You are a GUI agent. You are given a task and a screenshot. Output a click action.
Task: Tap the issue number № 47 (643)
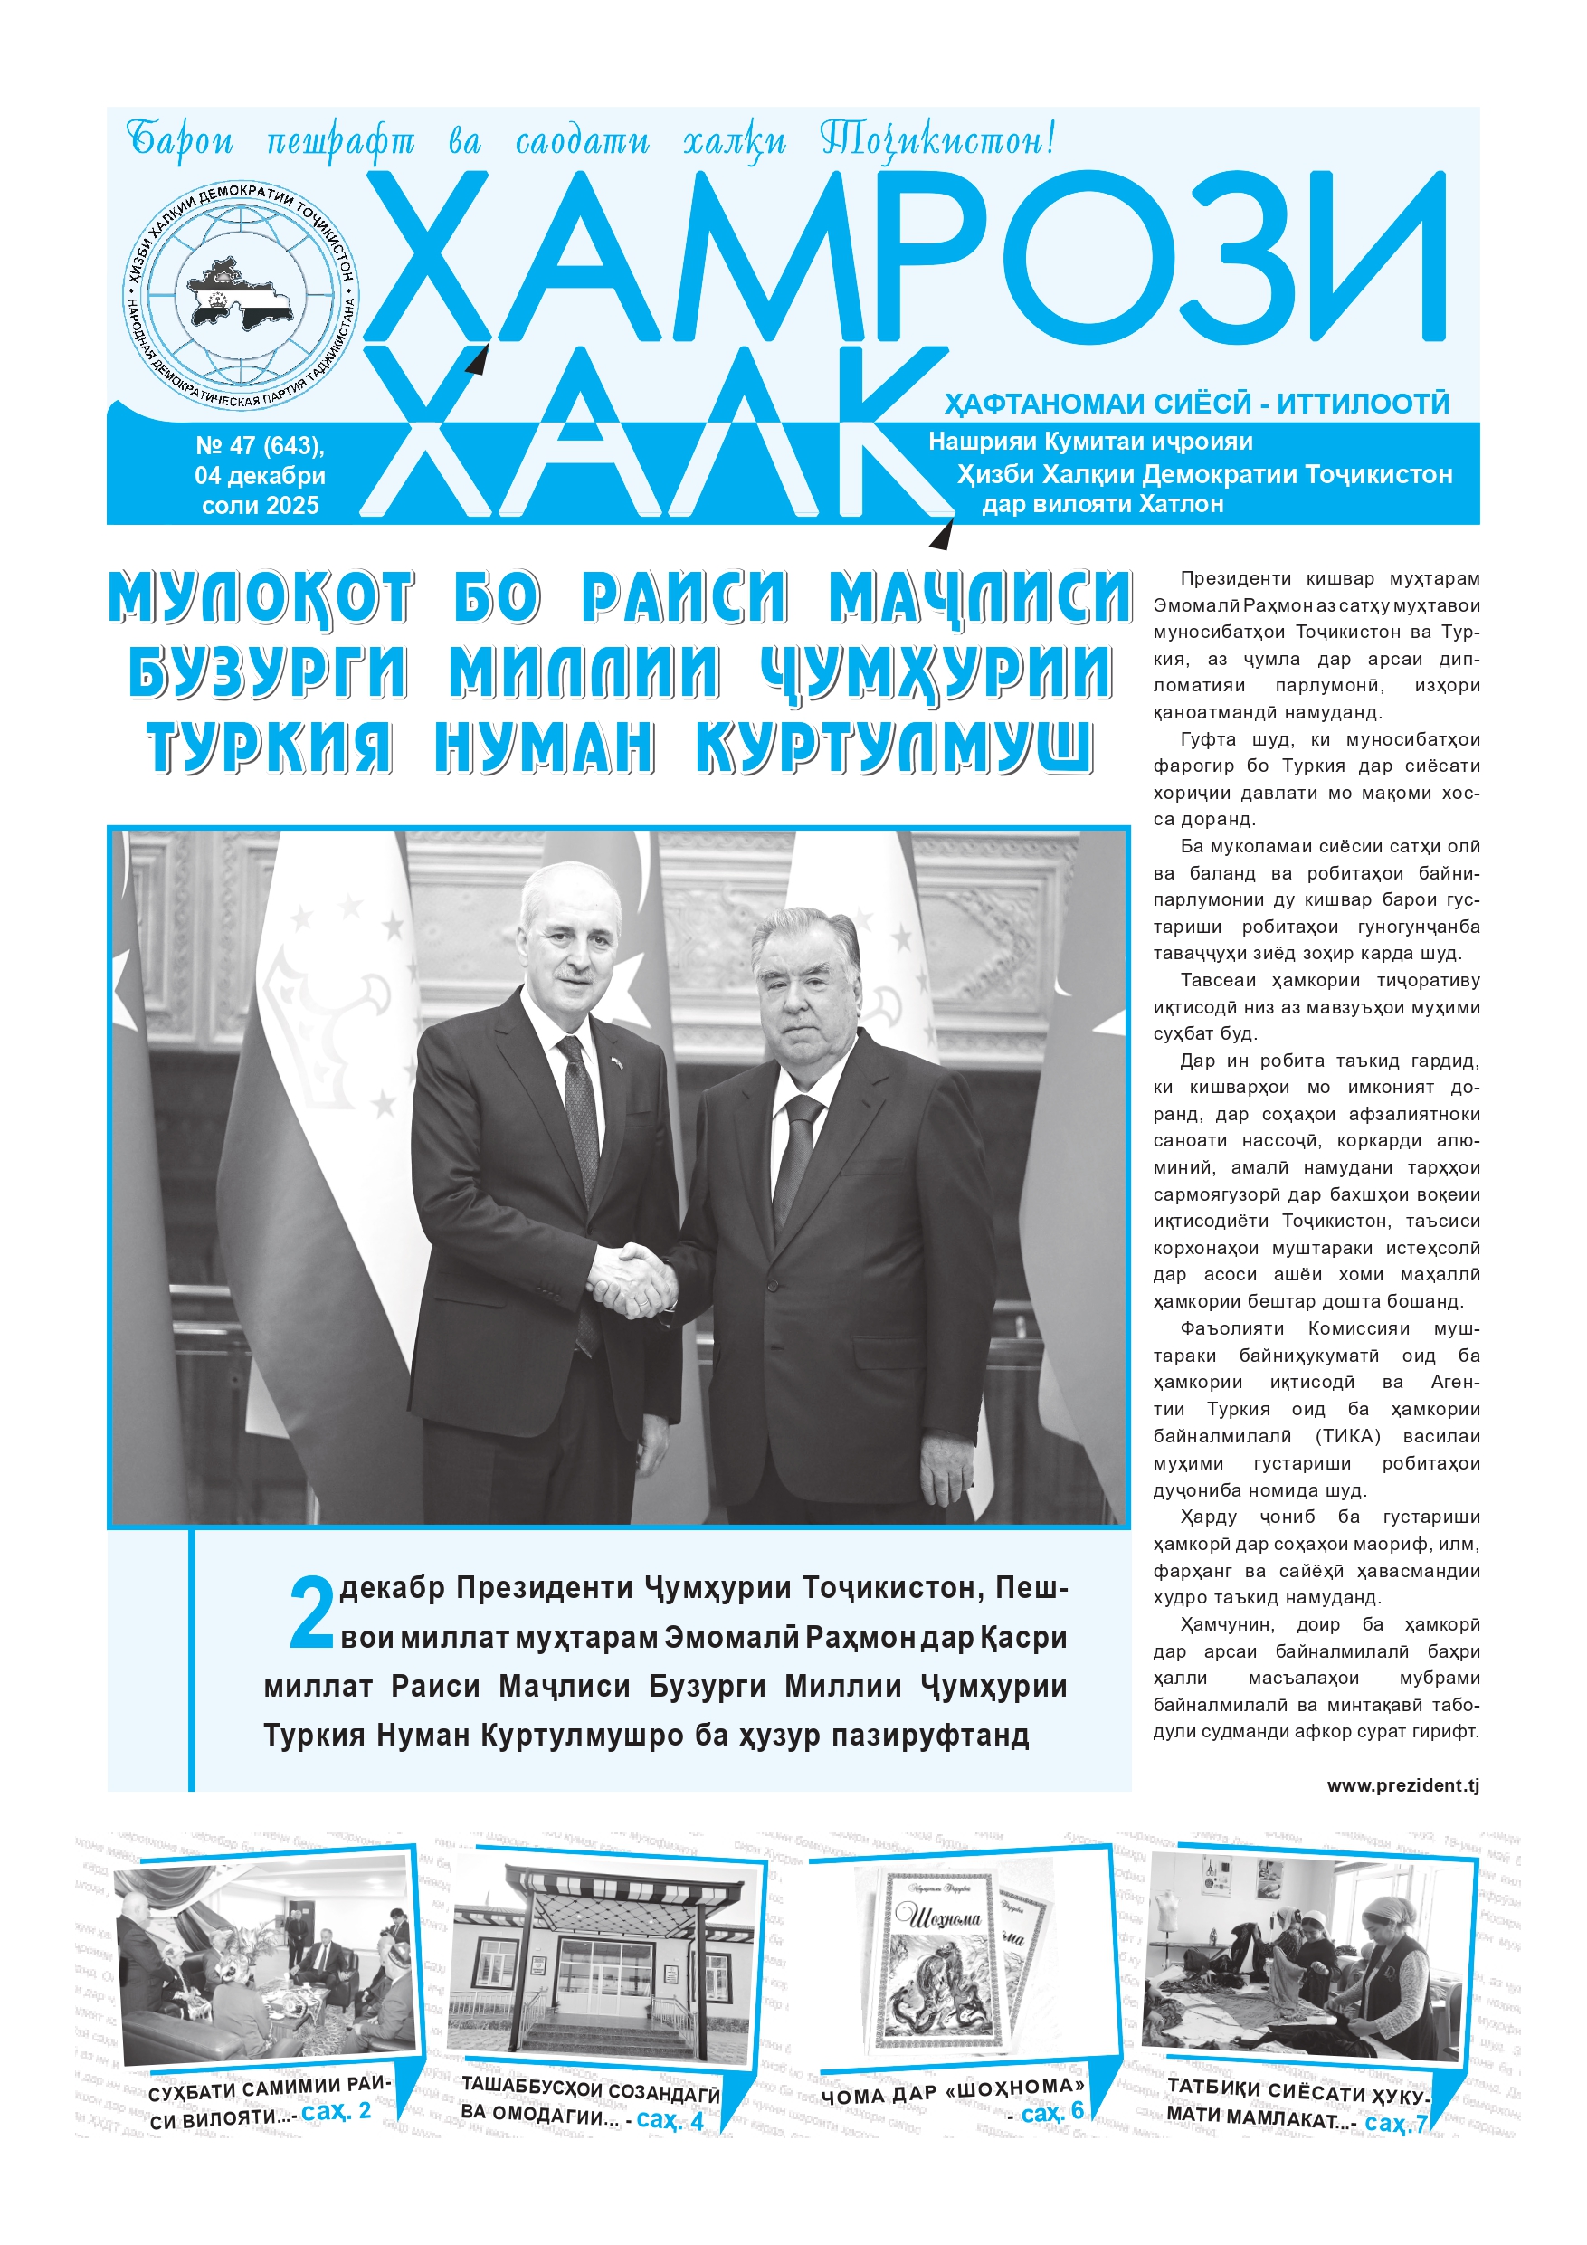(x=260, y=446)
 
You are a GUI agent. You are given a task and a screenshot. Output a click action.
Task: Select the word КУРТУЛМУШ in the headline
(x=894, y=748)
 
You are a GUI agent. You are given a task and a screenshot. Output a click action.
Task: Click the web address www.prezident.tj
(x=1402, y=1784)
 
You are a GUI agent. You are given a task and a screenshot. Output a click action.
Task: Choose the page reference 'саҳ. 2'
(x=337, y=2110)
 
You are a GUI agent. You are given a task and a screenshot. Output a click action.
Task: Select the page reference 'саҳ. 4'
(x=670, y=2119)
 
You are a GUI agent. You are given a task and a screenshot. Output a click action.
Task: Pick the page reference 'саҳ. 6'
(x=1052, y=2111)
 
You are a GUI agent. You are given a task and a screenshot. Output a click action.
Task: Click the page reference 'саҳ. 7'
(x=1395, y=2122)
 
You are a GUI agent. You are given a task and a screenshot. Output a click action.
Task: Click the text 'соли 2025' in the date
(x=260, y=506)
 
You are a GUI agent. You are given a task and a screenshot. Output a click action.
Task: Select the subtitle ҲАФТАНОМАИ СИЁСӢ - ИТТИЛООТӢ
(x=1196, y=404)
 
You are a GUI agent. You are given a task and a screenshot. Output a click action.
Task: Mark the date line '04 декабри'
(x=260, y=476)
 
